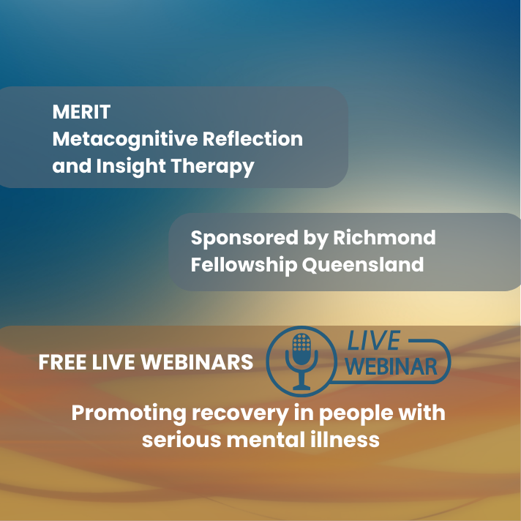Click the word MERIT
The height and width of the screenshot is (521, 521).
(x=81, y=112)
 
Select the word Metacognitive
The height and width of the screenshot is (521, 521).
(x=125, y=140)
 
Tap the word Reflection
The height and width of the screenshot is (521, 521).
(x=253, y=138)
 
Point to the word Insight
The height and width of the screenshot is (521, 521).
(x=131, y=167)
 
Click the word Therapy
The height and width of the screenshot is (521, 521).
(x=213, y=167)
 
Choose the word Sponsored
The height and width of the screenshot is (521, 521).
(x=244, y=239)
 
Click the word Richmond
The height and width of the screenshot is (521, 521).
(x=384, y=237)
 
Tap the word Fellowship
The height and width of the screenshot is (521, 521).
(x=244, y=266)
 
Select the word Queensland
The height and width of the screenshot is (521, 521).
(x=363, y=264)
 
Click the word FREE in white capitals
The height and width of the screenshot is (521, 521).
(x=62, y=361)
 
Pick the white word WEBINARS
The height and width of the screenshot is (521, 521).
(x=198, y=361)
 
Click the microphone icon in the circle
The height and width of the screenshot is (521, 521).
(x=301, y=361)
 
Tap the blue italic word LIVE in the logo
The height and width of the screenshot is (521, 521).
(x=373, y=340)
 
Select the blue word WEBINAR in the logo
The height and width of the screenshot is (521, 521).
(x=391, y=367)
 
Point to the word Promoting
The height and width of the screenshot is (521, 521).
(x=129, y=414)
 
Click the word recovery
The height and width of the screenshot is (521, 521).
(x=240, y=414)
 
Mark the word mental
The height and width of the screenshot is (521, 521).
(x=266, y=439)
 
